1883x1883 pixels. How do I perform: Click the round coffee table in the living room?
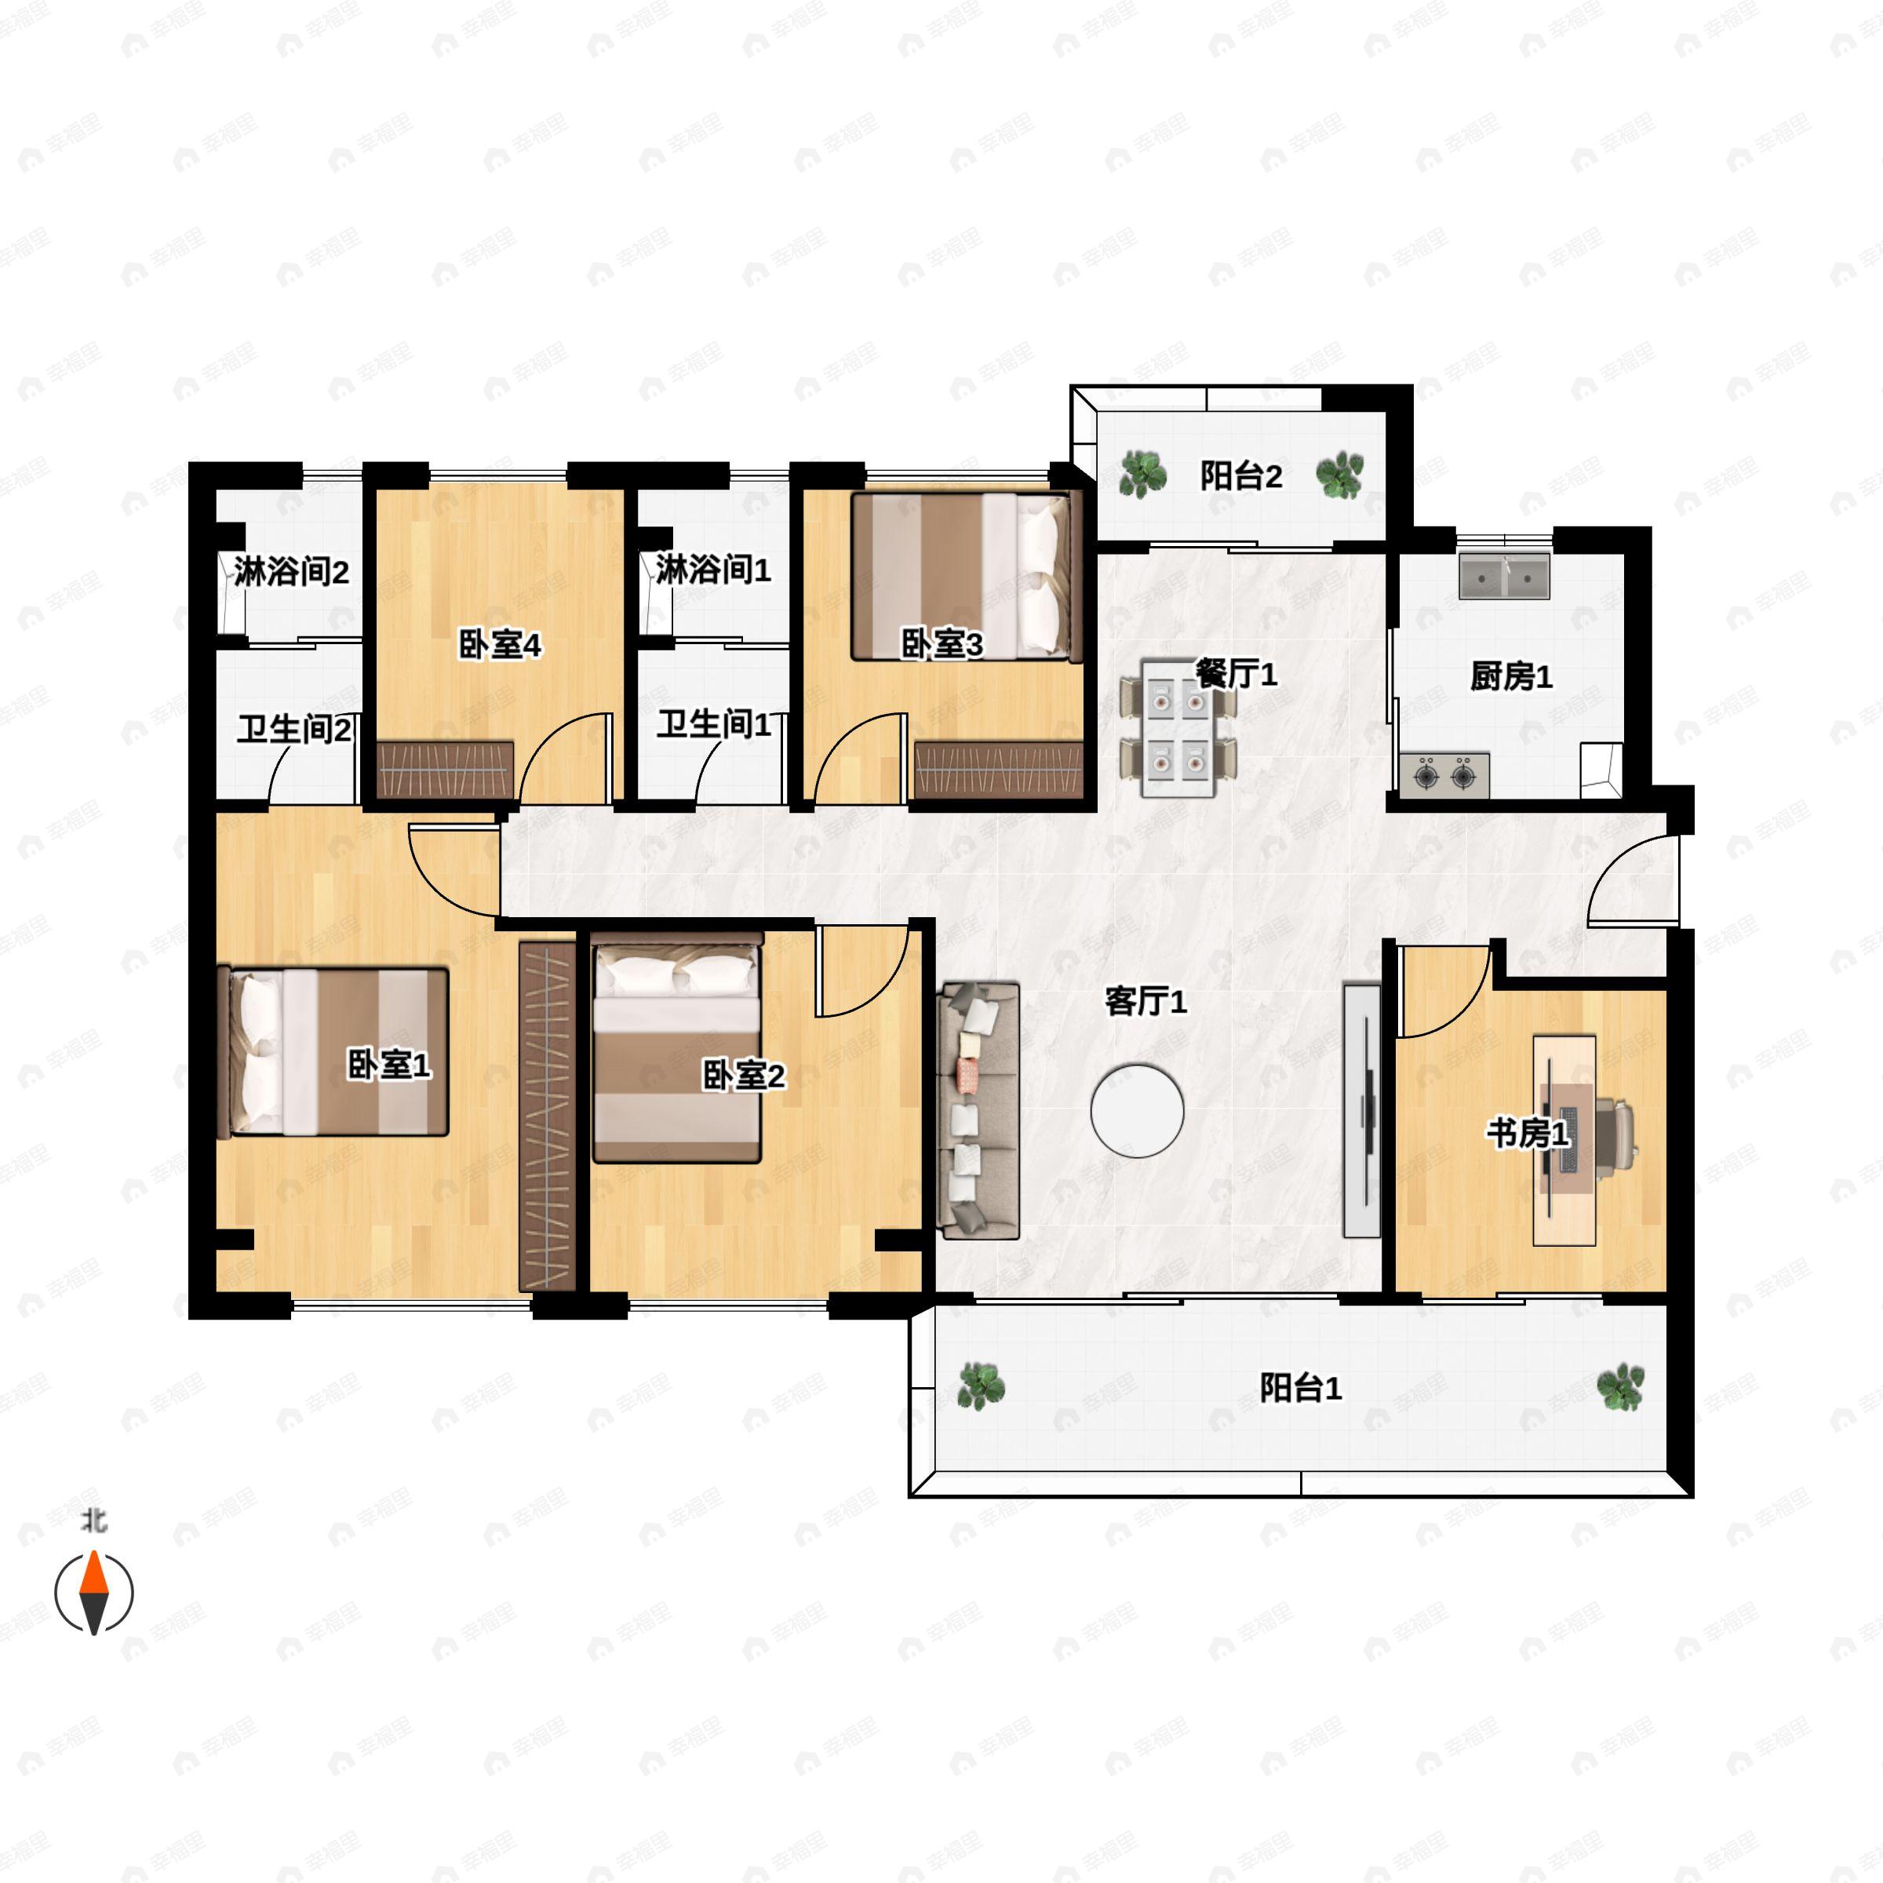[1138, 1110]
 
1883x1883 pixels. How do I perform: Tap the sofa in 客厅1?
[978, 1110]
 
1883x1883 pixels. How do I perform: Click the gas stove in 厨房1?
[1444, 776]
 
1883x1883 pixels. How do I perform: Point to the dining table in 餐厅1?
[1178, 727]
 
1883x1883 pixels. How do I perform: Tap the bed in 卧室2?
[677, 1047]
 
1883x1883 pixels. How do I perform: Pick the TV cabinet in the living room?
[1361, 1110]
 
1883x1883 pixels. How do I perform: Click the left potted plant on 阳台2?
[1142, 475]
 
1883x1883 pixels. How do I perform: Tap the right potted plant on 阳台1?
[1620, 1386]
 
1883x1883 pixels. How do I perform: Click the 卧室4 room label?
[500, 644]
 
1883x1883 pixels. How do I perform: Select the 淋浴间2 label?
[290, 572]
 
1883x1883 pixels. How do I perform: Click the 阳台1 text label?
[1300, 1387]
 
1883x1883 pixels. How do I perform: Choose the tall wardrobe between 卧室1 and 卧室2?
[548, 1116]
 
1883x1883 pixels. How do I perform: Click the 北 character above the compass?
[94, 1521]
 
